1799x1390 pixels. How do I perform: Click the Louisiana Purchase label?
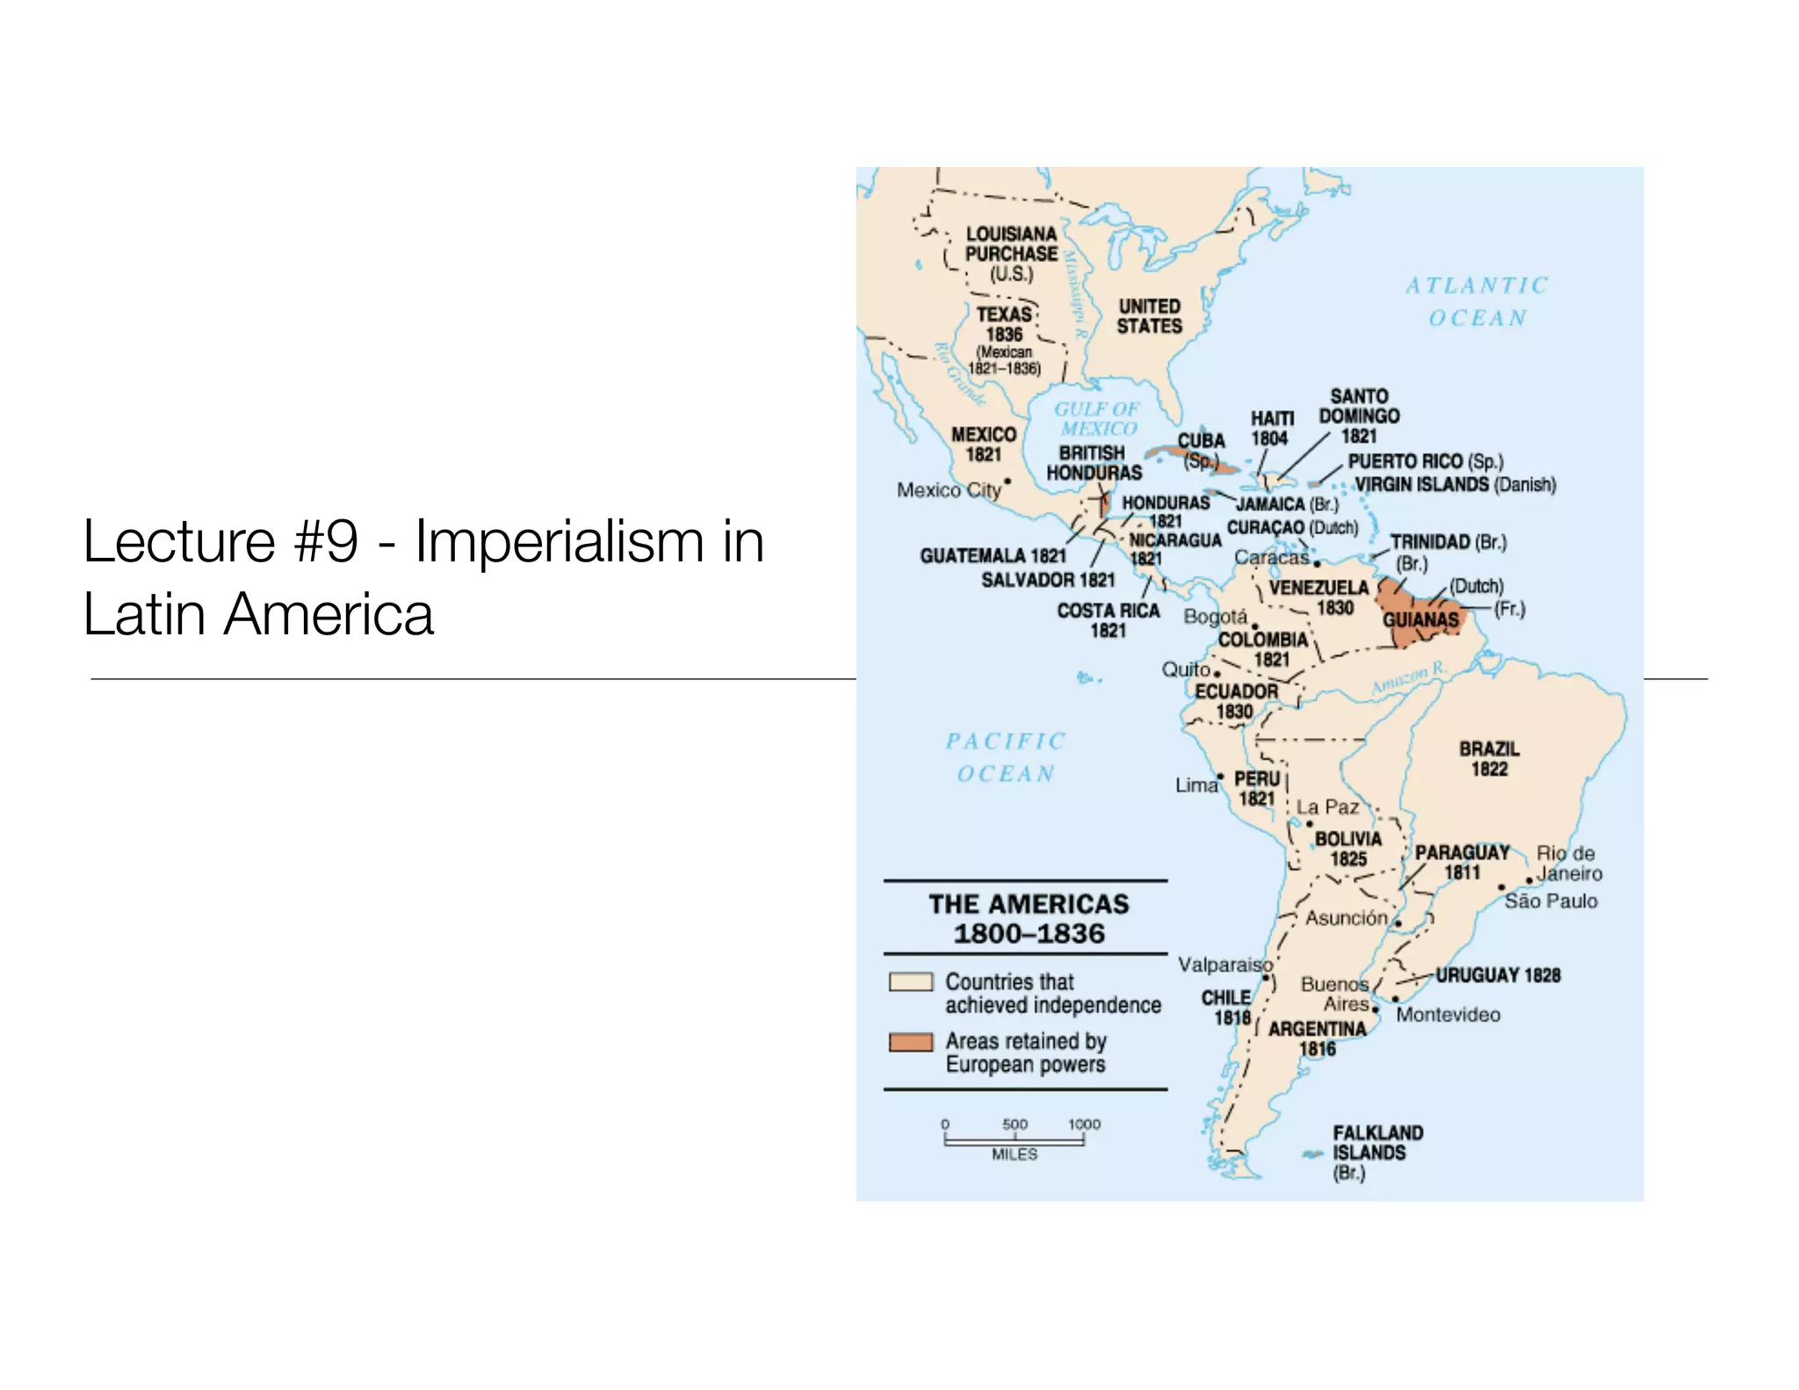coord(1011,253)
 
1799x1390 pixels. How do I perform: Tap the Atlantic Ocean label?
coord(1477,301)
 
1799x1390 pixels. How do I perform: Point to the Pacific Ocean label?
coord(1006,757)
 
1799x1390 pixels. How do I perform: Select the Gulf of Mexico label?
coord(1097,419)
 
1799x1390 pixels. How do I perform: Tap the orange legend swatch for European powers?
coord(910,1042)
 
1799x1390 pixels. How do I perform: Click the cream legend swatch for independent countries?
coord(910,982)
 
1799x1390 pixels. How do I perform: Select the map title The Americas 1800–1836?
coord(1029,918)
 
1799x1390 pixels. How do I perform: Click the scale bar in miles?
coord(1015,1140)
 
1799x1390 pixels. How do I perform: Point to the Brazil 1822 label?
coord(1489,759)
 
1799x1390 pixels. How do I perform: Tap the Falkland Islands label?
coord(1376,1152)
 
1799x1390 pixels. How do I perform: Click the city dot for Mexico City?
coord(1008,481)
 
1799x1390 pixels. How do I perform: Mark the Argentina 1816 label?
coord(1317,1039)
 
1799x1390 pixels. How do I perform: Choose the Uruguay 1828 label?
coord(1498,975)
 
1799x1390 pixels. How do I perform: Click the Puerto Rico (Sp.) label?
coord(1425,461)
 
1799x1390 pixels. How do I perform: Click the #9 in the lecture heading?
coord(326,541)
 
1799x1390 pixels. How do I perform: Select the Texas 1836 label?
coord(1005,324)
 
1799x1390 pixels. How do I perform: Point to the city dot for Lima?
coord(1221,777)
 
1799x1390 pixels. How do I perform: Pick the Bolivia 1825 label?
coord(1347,849)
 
